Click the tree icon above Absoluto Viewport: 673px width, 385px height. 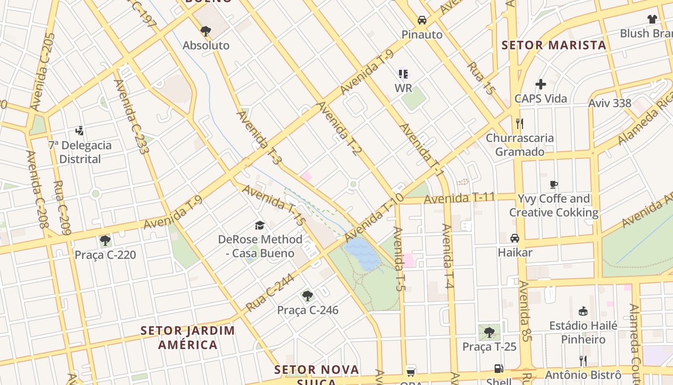[206, 31]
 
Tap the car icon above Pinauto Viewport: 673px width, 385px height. [422, 20]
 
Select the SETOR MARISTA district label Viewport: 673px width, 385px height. [554, 45]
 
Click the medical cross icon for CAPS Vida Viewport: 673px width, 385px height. [541, 84]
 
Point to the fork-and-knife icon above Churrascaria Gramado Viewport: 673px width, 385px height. [519, 123]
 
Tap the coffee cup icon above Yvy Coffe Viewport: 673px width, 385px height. [554, 184]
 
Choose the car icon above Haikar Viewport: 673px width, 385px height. [515, 238]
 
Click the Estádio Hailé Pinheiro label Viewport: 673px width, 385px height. [583, 333]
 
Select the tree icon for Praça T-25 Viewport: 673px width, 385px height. [489, 332]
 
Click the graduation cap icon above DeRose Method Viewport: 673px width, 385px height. [260, 225]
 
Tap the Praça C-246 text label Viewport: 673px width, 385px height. [308, 310]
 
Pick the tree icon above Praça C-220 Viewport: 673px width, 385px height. [105, 240]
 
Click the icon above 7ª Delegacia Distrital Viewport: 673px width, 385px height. [80, 130]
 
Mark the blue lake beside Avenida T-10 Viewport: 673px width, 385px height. [362, 254]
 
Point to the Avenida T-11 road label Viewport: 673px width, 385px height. [459, 198]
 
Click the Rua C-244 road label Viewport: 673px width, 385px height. [263, 295]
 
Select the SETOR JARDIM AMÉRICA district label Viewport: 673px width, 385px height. [188, 337]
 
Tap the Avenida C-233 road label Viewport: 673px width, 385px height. [131, 116]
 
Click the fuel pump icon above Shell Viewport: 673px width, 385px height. [499, 369]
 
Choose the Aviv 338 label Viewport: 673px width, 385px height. [610, 103]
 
